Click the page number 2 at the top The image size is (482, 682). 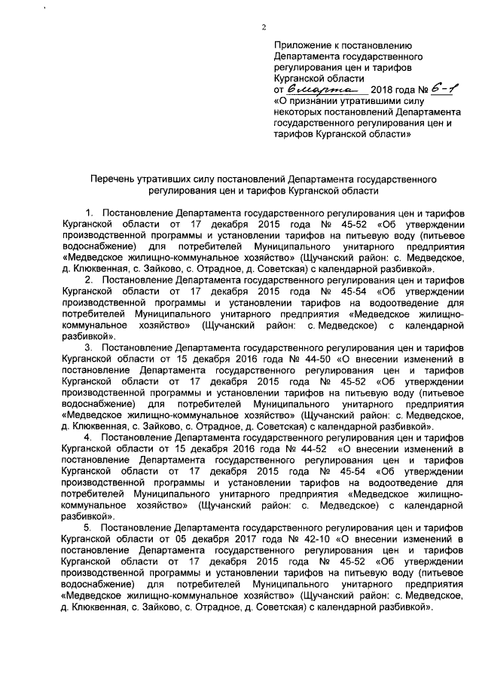pyautogui.click(x=264, y=29)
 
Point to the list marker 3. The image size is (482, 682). pyautogui.click(x=91, y=347)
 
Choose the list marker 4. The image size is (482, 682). pyautogui.click(x=91, y=437)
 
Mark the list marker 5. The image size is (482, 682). pyautogui.click(x=91, y=527)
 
